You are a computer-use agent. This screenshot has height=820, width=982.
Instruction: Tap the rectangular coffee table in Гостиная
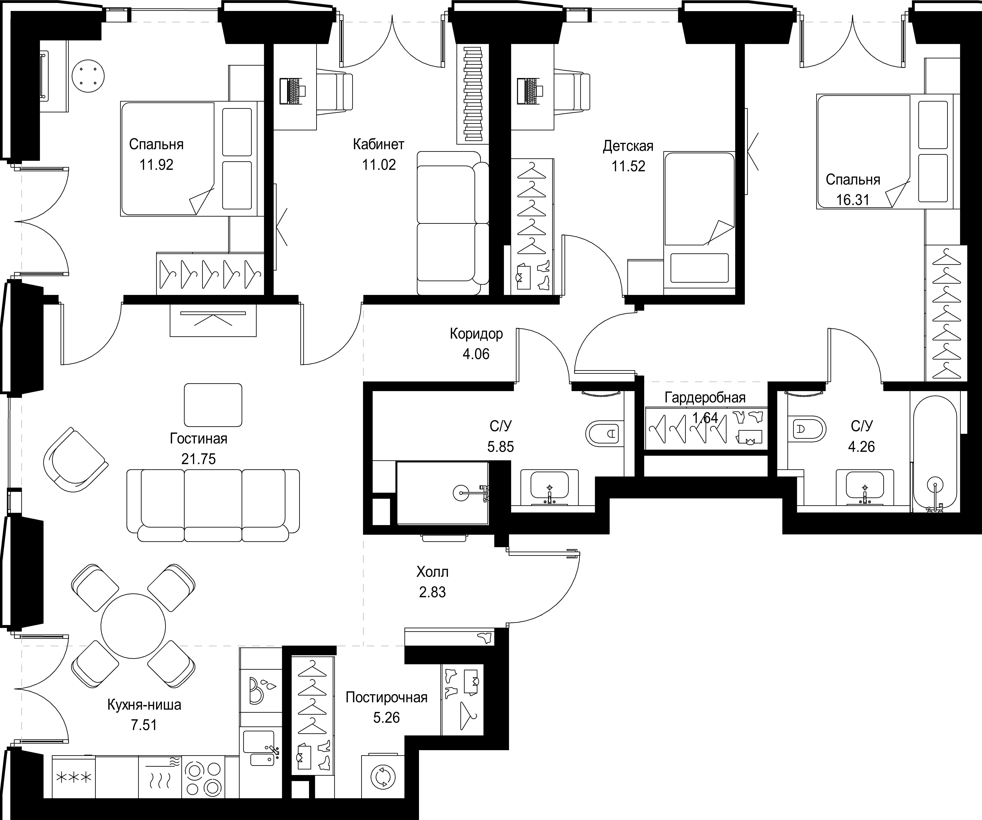pos(213,405)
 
